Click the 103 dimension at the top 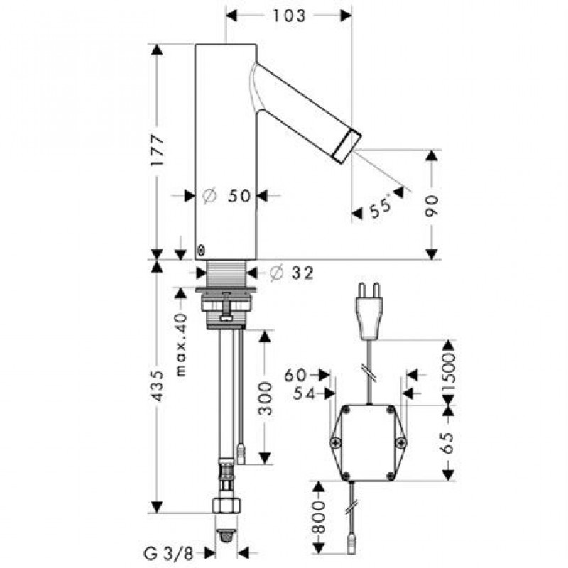(x=289, y=16)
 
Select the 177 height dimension (x=158, y=151)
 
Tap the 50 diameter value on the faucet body (x=239, y=196)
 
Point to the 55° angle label (x=381, y=207)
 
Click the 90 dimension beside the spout (x=431, y=206)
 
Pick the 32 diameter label (x=303, y=273)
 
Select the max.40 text (x=182, y=345)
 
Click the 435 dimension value (x=158, y=386)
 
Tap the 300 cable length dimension (x=265, y=398)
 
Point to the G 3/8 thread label (x=168, y=554)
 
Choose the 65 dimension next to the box (x=448, y=442)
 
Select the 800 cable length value (x=317, y=518)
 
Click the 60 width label (x=295, y=376)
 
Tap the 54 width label (x=304, y=393)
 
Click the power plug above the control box (x=369, y=311)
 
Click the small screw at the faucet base (x=201, y=251)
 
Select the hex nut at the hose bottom (x=226, y=506)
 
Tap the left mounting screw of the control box (x=334, y=442)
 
